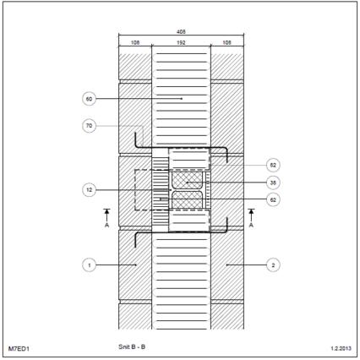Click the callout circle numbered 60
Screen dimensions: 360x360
pos(89,99)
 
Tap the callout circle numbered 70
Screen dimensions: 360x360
pos(89,126)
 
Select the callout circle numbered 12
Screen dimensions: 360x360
pos(89,190)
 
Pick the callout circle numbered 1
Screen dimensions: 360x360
pos(89,265)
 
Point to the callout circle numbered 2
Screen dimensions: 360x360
pos(273,265)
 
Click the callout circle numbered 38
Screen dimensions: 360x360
pos(273,183)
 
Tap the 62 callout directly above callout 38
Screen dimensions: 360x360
pos(273,165)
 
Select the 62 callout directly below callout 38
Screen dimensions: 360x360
pos(273,199)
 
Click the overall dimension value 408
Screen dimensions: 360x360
pos(181,32)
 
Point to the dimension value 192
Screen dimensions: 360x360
pos(181,42)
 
